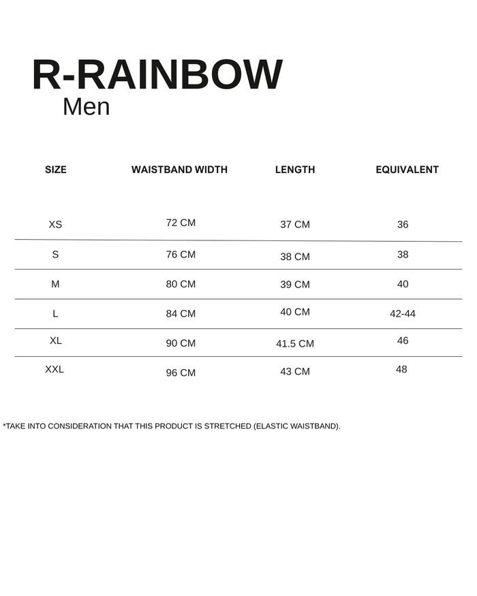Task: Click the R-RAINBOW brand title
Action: pyautogui.click(x=157, y=75)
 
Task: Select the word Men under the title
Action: pyautogui.click(x=86, y=107)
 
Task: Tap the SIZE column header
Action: pyautogui.click(x=56, y=170)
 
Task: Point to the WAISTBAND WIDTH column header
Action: pyautogui.click(x=179, y=170)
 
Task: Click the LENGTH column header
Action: pyautogui.click(x=295, y=170)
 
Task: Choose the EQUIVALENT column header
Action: pyautogui.click(x=407, y=170)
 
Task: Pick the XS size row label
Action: pyautogui.click(x=55, y=225)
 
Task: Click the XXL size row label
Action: pyautogui.click(x=55, y=369)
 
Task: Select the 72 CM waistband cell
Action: pyautogui.click(x=181, y=223)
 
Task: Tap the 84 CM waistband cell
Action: pyautogui.click(x=181, y=314)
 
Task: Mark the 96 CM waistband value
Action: pyautogui.click(x=181, y=373)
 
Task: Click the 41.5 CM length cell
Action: pyautogui.click(x=295, y=344)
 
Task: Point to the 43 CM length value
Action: pyautogui.click(x=295, y=371)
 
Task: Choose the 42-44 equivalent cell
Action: pyautogui.click(x=402, y=314)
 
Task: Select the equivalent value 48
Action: pyautogui.click(x=401, y=369)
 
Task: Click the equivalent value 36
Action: pyautogui.click(x=403, y=225)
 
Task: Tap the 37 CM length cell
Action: pyautogui.click(x=295, y=225)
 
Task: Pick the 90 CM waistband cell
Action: pyautogui.click(x=181, y=343)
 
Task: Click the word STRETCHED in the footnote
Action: pyautogui.click(x=227, y=426)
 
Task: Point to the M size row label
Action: pyautogui.click(x=55, y=284)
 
